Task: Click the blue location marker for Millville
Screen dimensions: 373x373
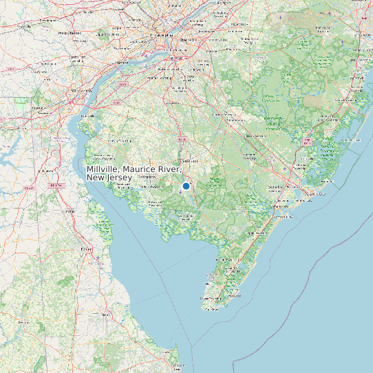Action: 186,186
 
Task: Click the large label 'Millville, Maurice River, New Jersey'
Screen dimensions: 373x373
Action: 135,173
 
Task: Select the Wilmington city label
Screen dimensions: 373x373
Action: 82,90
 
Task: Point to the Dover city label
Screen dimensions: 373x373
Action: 87,248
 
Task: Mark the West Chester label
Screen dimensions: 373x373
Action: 70,32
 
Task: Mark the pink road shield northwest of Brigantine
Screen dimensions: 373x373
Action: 307,140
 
